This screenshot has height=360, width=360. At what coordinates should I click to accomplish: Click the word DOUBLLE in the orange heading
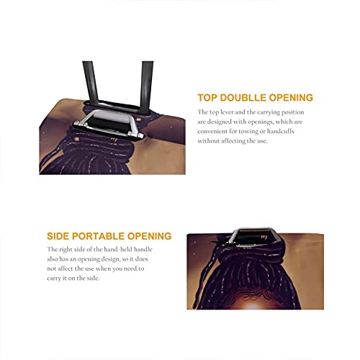tap(243, 98)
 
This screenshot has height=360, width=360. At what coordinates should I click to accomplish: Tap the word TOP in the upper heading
tap(207, 98)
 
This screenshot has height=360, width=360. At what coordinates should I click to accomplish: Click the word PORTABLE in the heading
tap(99, 236)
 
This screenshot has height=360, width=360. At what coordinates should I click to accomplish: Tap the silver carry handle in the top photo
tap(108, 125)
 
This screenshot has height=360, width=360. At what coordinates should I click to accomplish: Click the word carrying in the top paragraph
tap(268, 112)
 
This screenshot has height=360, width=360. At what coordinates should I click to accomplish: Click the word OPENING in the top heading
tap(291, 98)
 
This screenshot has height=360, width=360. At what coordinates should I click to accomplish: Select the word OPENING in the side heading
tap(149, 236)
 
